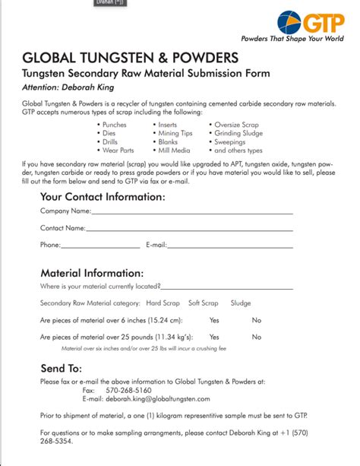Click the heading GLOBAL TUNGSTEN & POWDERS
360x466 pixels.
pos(131,58)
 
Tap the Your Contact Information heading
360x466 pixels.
pos(103,196)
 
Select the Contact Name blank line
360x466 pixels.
pos(189,229)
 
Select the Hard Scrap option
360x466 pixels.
pos(163,303)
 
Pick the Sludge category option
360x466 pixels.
pos(241,303)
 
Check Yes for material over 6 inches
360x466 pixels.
pos(214,320)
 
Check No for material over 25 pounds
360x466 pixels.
pos(257,337)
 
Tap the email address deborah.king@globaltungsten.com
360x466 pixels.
pos(157,398)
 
